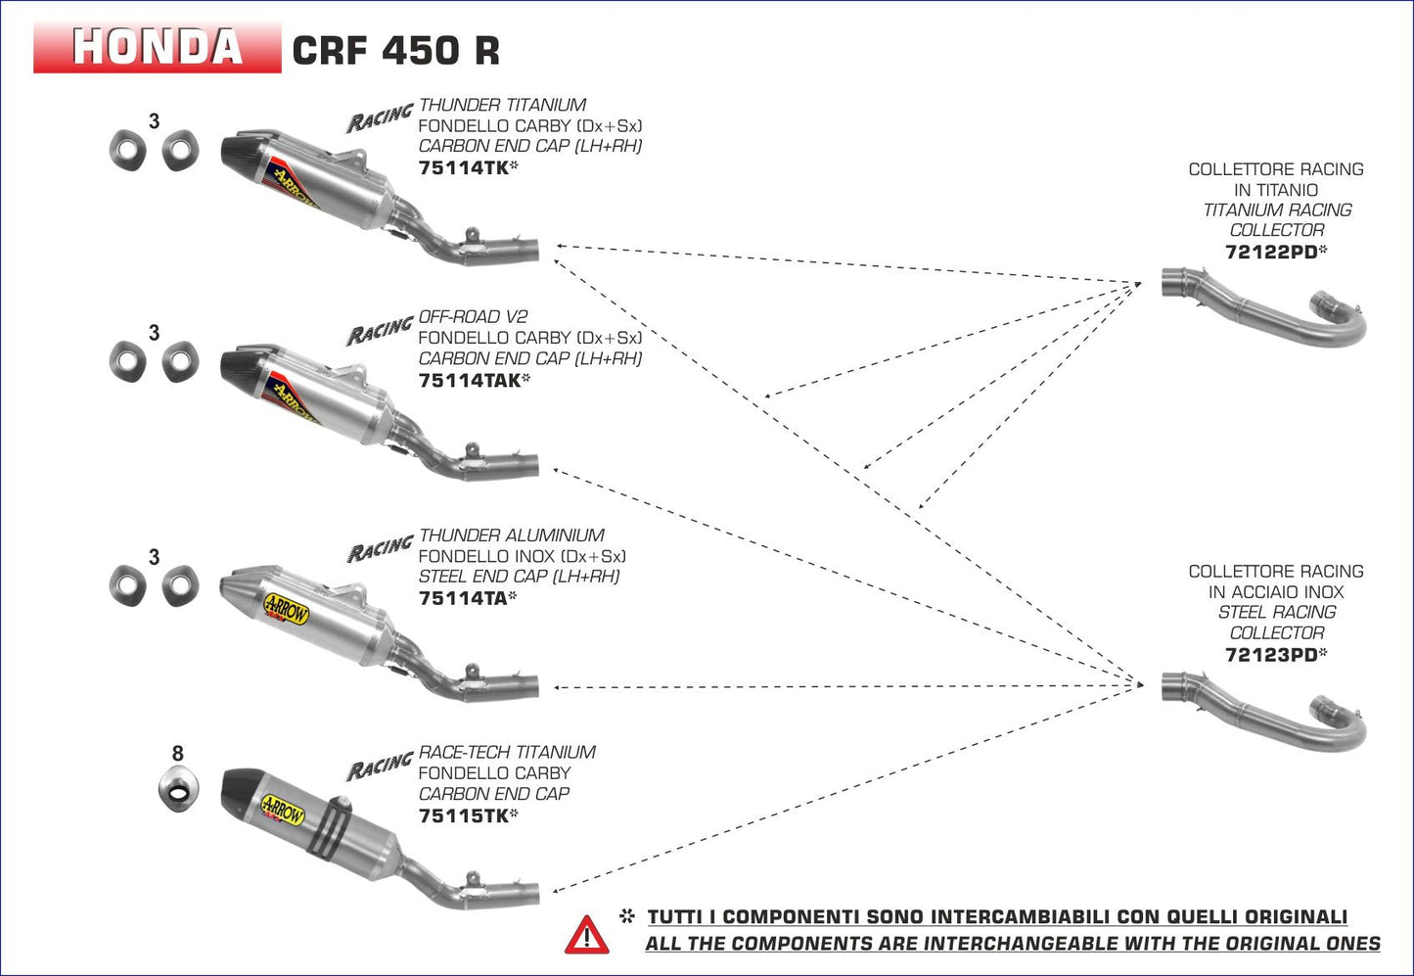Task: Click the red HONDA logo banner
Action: click(157, 47)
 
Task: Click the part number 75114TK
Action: click(463, 167)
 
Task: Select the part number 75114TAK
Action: click(469, 380)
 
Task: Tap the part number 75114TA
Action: click(463, 598)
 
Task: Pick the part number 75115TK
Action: click(463, 815)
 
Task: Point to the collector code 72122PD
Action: click(1270, 252)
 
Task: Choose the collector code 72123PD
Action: click(1270, 655)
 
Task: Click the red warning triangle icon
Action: click(586, 936)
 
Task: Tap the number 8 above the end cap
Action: click(177, 754)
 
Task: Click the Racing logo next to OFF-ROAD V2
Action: click(380, 331)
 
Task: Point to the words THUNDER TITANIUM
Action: click(502, 105)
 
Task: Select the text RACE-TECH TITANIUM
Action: click(507, 752)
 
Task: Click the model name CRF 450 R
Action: click(395, 50)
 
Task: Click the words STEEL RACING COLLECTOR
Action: click(1276, 623)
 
